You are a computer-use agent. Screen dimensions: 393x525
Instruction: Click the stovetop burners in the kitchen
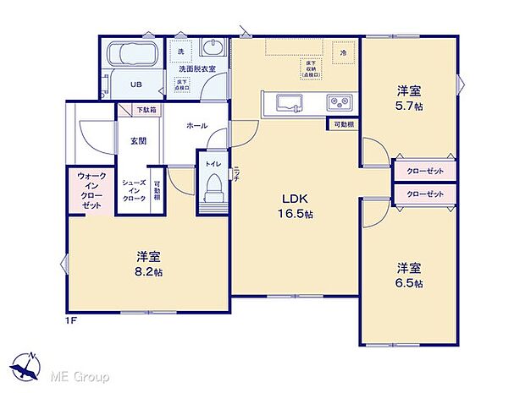pyautogui.click(x=341, y=103)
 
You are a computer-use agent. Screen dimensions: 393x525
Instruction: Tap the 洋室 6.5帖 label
pyautogui.click(x=409, y=275)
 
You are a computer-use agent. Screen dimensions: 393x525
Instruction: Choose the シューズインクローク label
pyautogui.click(x=133, y=194)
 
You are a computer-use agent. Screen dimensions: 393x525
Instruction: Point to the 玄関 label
pyautogui.click(x=138, y=141)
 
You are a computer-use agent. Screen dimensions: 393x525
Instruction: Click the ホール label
pyautogui.click(x=196, y=125)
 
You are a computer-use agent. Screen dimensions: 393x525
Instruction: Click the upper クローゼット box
pyautogui.click(x=425, y=169)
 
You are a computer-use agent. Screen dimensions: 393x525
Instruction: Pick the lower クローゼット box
pyautogui.click(x=425, y=194)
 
